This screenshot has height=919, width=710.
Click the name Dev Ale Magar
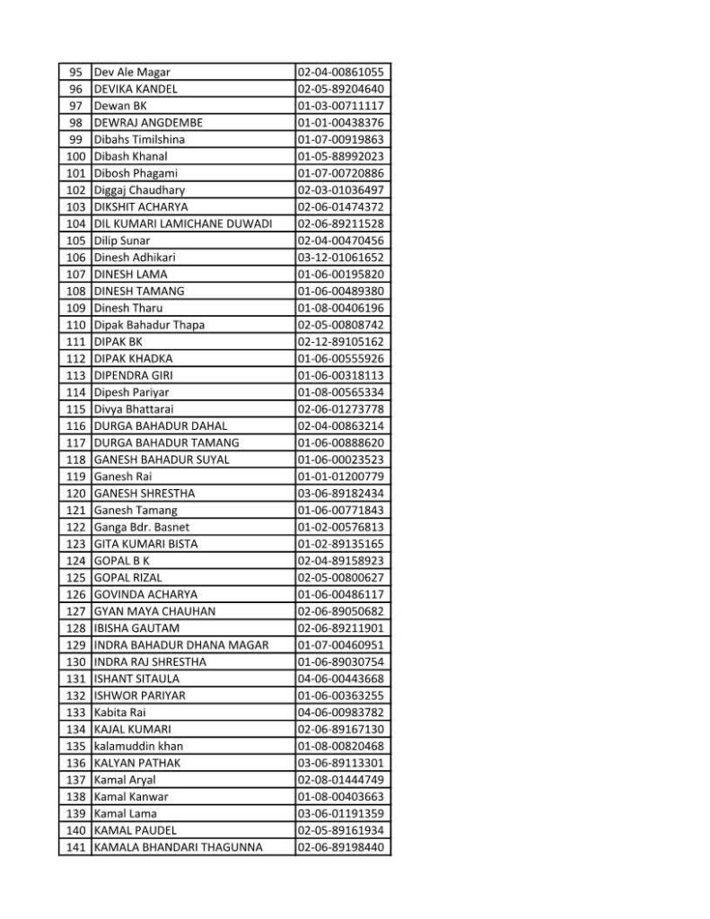click(x=132, y=72)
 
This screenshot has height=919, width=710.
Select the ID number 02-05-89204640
click(x=341, y=89)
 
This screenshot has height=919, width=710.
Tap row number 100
click(x=76, y=156)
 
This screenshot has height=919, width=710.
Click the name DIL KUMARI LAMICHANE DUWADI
click(x=182, y=223)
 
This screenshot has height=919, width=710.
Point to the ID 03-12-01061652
click(x=341, y=258)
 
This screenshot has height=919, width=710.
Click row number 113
click(x=76, y=375)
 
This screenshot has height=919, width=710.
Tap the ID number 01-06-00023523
click(x=341, y=459)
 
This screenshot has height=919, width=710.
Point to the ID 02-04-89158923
click(x=341, y=561)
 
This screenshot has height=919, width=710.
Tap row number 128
click(x=76, y=628)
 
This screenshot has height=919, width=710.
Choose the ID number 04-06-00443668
click(x=341, y=678)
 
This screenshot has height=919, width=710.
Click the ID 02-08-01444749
click(x=341, y=780)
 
